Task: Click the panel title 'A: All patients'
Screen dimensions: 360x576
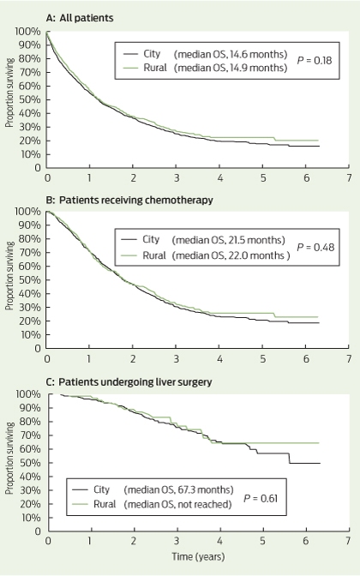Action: [80, 18]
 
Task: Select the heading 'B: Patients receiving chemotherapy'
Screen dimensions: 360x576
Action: [129, 201]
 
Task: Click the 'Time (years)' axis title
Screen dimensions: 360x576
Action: [198, 556]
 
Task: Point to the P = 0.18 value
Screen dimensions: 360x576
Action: [314, 61]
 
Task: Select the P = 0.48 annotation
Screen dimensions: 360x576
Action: [315, 247]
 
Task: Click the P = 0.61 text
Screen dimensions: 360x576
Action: [261, 499]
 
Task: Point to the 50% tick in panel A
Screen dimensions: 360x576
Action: [33, 99]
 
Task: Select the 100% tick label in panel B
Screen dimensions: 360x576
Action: [27, 212]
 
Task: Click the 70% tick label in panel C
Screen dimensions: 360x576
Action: [33, 435]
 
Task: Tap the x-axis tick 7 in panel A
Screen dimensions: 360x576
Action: [349, 178]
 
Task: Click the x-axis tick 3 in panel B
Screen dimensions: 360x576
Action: [177, 359]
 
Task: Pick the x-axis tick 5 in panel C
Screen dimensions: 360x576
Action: [262, 541]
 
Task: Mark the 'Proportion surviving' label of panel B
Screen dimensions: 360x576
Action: [9, 276]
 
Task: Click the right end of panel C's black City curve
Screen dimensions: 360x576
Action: [320, 463]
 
